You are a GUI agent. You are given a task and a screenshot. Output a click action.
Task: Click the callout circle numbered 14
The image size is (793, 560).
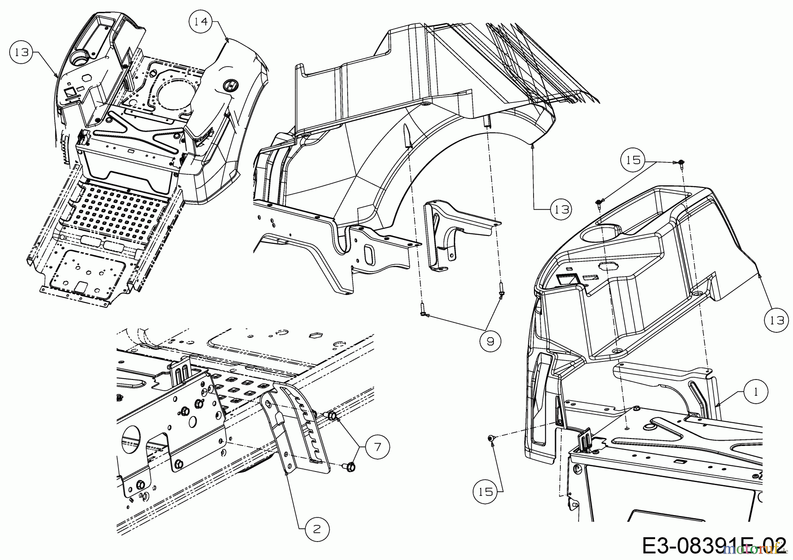(201, 21)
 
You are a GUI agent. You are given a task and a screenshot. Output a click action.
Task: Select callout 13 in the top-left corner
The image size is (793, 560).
(21, 52)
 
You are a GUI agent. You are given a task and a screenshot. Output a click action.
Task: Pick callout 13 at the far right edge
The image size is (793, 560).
(777, 320)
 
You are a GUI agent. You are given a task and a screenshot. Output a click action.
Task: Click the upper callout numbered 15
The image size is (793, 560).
(633, 160)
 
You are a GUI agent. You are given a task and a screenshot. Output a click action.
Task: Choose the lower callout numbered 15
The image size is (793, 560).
(485, 491)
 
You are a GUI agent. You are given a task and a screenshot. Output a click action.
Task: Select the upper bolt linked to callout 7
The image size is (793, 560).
(332, 415)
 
